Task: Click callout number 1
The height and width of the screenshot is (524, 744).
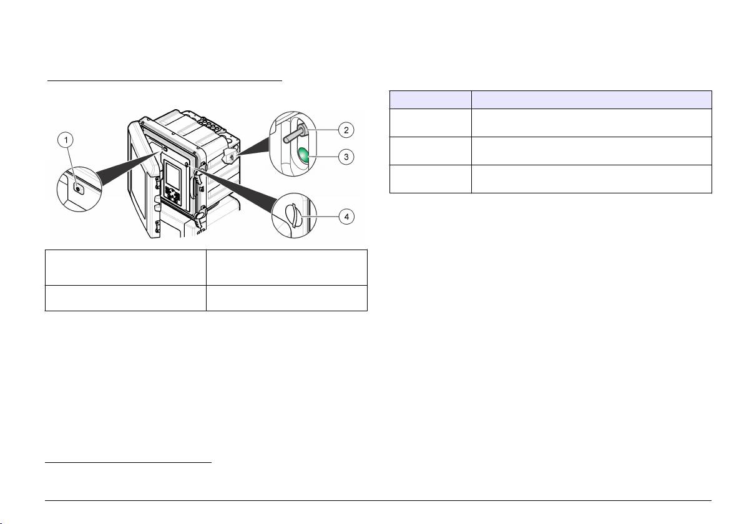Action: (x=66, y=140)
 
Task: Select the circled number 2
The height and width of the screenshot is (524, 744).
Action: (x=346, y=130)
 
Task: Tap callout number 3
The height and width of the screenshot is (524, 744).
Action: (x=346, y=157)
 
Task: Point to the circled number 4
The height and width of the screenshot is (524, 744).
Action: (x=346, y=216)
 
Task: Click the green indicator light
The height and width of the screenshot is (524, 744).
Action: (x=304, y=155)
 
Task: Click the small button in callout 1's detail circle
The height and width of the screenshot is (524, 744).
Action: (x=78, y=189)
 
